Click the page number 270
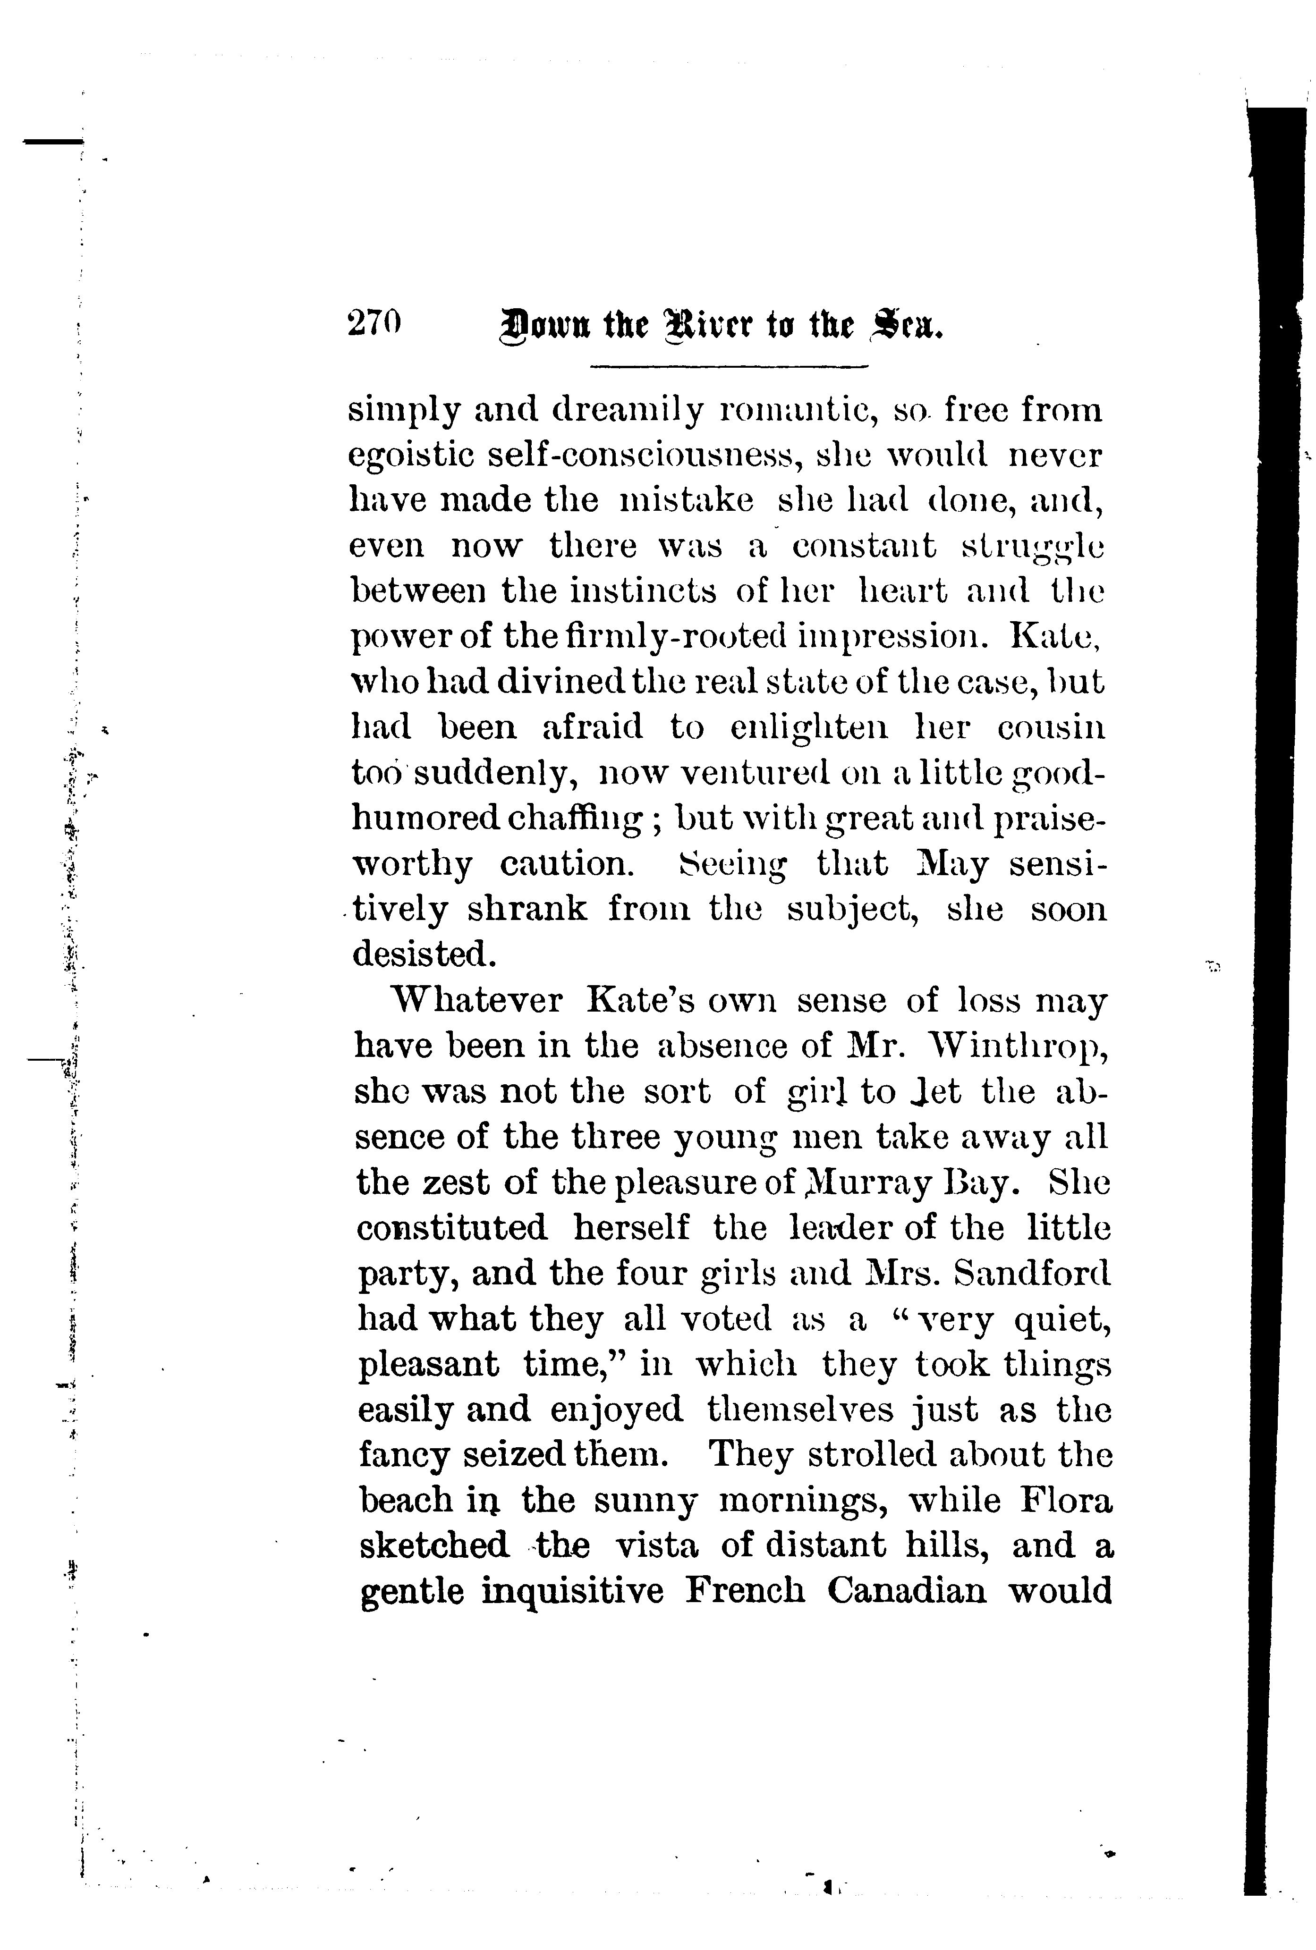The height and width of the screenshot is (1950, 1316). [374, 323]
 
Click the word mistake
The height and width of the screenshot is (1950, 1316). [686, 501]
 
